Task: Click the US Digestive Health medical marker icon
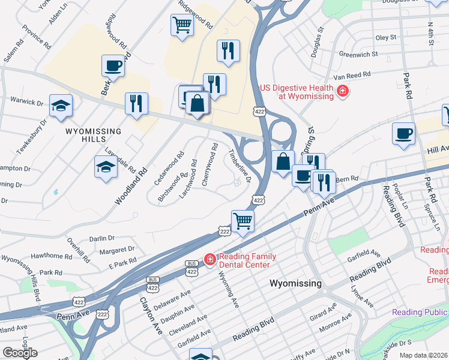tap(342, 92)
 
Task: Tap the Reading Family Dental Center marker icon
tap(209, 259)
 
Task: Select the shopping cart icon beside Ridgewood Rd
tap(182, 25)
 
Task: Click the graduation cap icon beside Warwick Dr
tap(61, 106)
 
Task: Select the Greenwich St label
tap(358, 54)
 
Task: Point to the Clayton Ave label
tap(151, 316)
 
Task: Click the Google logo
tap(20, 352)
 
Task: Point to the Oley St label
tap(385, 37)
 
